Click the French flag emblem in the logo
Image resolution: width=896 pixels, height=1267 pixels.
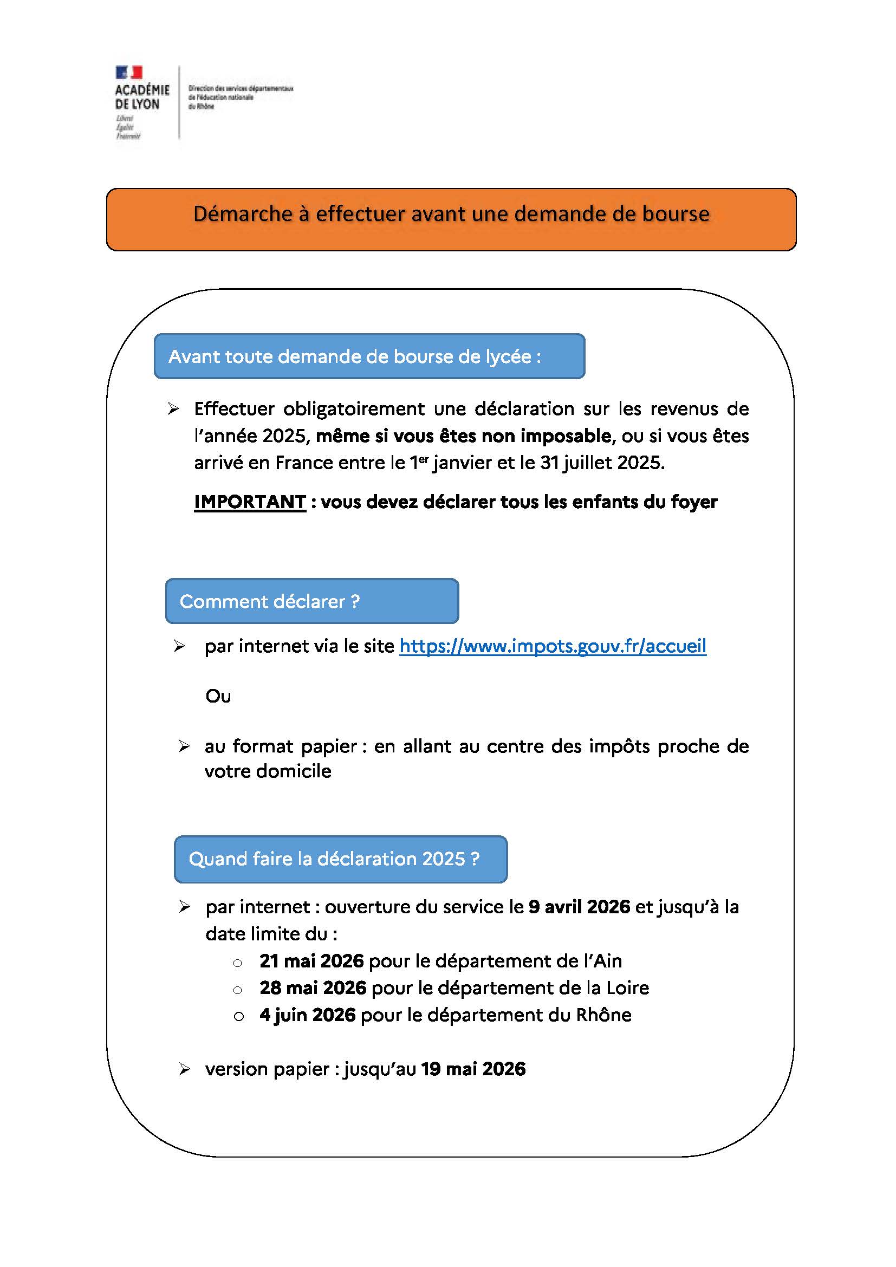[128, 72]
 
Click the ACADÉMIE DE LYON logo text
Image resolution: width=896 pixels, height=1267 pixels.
[142, 97]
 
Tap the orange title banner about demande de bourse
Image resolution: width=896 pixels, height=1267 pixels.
[451, 219]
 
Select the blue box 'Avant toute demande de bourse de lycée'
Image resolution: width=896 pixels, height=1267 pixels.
[369, 356]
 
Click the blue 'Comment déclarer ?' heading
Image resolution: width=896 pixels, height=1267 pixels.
[311, 601]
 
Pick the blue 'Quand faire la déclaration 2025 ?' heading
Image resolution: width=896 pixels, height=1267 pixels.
[340, 859]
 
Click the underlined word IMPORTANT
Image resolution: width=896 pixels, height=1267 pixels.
[250, 502]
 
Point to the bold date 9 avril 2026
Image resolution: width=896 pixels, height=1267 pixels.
[579, 907]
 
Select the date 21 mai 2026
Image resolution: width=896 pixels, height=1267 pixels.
[311, 961]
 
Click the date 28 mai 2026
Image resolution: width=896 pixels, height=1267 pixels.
[313, 988]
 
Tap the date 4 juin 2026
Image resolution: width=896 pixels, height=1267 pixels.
[307, 1015]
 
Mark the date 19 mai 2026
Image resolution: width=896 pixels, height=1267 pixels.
[473, 1069]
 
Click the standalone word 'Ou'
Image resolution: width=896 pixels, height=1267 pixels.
[218, 697]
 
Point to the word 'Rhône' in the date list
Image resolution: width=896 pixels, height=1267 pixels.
[603, 1015]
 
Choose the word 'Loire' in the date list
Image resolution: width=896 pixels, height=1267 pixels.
[627, 988]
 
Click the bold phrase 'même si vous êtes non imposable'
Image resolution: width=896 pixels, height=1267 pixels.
[464, 436]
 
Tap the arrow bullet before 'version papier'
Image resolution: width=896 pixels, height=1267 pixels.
[184, 1069]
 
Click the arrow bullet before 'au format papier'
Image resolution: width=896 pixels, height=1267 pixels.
[184, 746]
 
